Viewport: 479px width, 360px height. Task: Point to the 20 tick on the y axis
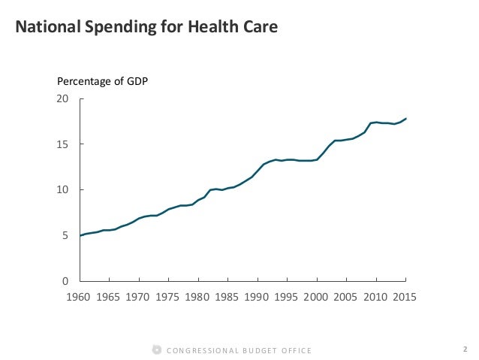pos(64,99)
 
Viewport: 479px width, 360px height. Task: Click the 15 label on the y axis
pos(64,144)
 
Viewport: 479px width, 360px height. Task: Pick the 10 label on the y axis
pos(64,190)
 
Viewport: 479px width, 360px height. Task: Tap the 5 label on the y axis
pos(66,235)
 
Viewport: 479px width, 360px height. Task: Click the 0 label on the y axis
pos(66,281)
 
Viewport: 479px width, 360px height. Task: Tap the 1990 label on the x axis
pos(258,296)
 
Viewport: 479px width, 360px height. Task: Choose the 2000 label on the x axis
pos(317,296)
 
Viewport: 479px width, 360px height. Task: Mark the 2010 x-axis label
pos(376,296)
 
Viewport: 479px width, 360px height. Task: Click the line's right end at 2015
pos(406,118)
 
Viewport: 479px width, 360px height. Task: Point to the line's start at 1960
pos(80,236)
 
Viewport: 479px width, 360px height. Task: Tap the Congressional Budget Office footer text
pos(239,349)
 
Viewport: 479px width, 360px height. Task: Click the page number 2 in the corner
pos(465,349)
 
